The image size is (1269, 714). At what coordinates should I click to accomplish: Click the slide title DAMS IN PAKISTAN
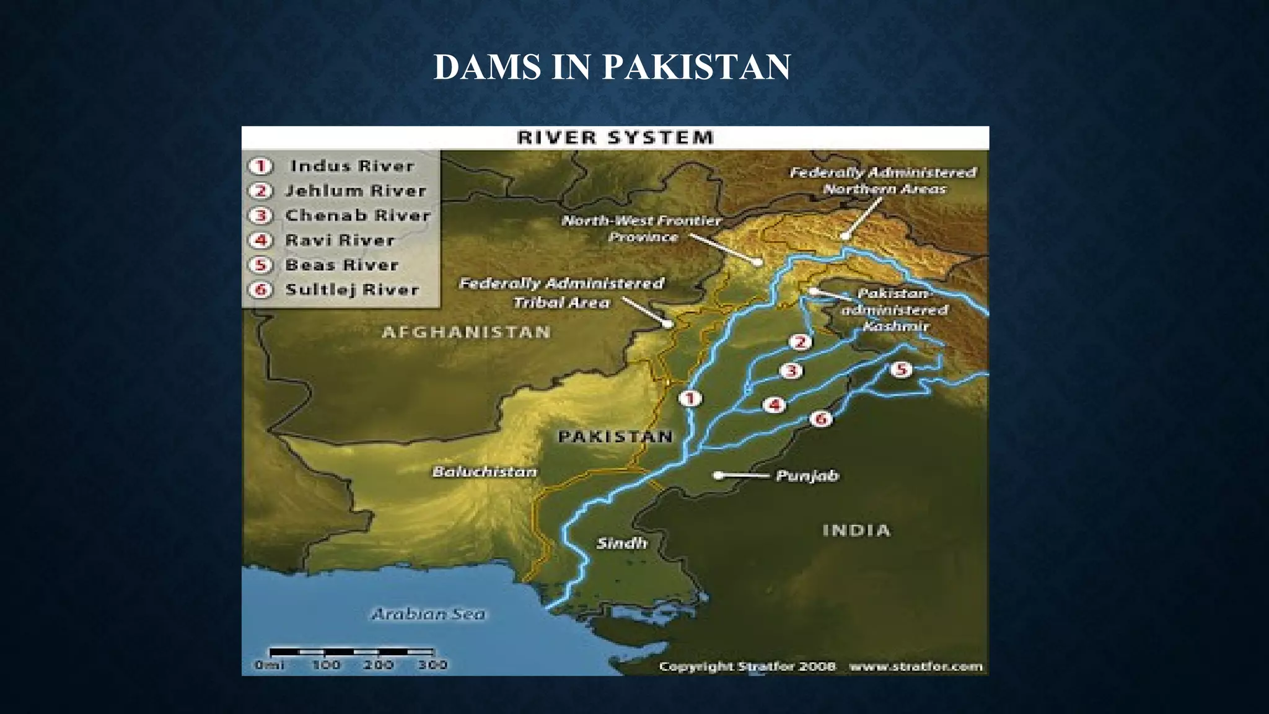click(x=612, y=67)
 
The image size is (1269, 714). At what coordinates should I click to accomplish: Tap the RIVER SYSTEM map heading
click(x=615, y=138)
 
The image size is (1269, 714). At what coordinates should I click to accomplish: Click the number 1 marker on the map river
click(x=690, y=399)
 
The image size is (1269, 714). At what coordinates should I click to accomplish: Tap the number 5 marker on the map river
click(x=901, y=370)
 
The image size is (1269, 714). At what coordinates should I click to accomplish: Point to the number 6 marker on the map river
click(x=821, y=419)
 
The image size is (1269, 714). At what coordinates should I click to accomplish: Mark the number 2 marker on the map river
click(x=800, y=342)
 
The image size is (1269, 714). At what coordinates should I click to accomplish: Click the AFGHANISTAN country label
click(x=466, y=332)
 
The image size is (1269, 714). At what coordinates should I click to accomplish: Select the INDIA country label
click(x=856, y=531)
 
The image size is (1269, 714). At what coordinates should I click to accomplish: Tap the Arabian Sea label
click(x=428, y=614)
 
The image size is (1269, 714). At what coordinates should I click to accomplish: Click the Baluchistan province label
click(x=485, y=472)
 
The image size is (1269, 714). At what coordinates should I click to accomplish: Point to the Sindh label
click(x=621, y=544)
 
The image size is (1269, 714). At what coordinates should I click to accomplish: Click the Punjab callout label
click(x=807, y=475)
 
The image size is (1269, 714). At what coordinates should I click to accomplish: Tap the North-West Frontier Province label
click(x=641, y=229)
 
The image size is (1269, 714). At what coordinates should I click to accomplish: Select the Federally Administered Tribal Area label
click(x=561, y=293)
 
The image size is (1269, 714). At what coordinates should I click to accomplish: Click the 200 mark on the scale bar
click(x=378, y=665)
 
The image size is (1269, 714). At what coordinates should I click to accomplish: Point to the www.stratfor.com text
click(x=916, y=667)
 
